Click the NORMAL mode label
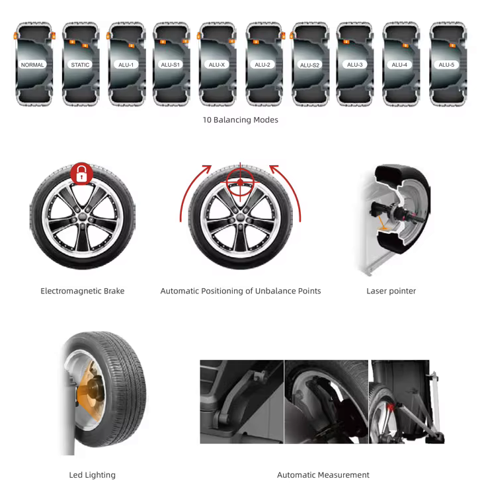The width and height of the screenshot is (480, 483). click(x=32, y=65)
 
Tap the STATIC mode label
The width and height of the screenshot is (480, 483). click(x=80, y=65)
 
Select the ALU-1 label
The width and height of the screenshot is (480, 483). click(x=126, y=65)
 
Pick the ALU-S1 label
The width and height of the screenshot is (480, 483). click(x=171, y=65)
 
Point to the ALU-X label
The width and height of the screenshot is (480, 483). click(x=217, y=65)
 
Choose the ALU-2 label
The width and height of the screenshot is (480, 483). click(x=262, y=65)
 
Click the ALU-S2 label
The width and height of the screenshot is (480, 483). click(x=309, y=65)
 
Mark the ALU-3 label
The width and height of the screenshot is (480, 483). click(x=355, y=65)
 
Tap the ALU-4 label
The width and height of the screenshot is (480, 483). click(x=399, y=65)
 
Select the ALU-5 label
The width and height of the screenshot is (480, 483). click(x=446, y=65)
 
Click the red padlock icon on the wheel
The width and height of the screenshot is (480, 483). click(x=81, y=174)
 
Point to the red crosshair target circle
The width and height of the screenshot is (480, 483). click(x=240, y=182)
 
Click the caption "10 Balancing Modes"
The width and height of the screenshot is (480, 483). click(x=240, y=120)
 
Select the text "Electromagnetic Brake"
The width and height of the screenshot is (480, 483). click(x=82, y=291)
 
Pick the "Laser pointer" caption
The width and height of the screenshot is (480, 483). click(x=391, y=291)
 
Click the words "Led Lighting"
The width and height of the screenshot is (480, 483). click(x=92, y=475)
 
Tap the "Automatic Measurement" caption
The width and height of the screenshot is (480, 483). click(x=323, y=475)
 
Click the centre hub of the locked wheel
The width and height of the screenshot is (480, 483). click(x=82, y=216)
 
